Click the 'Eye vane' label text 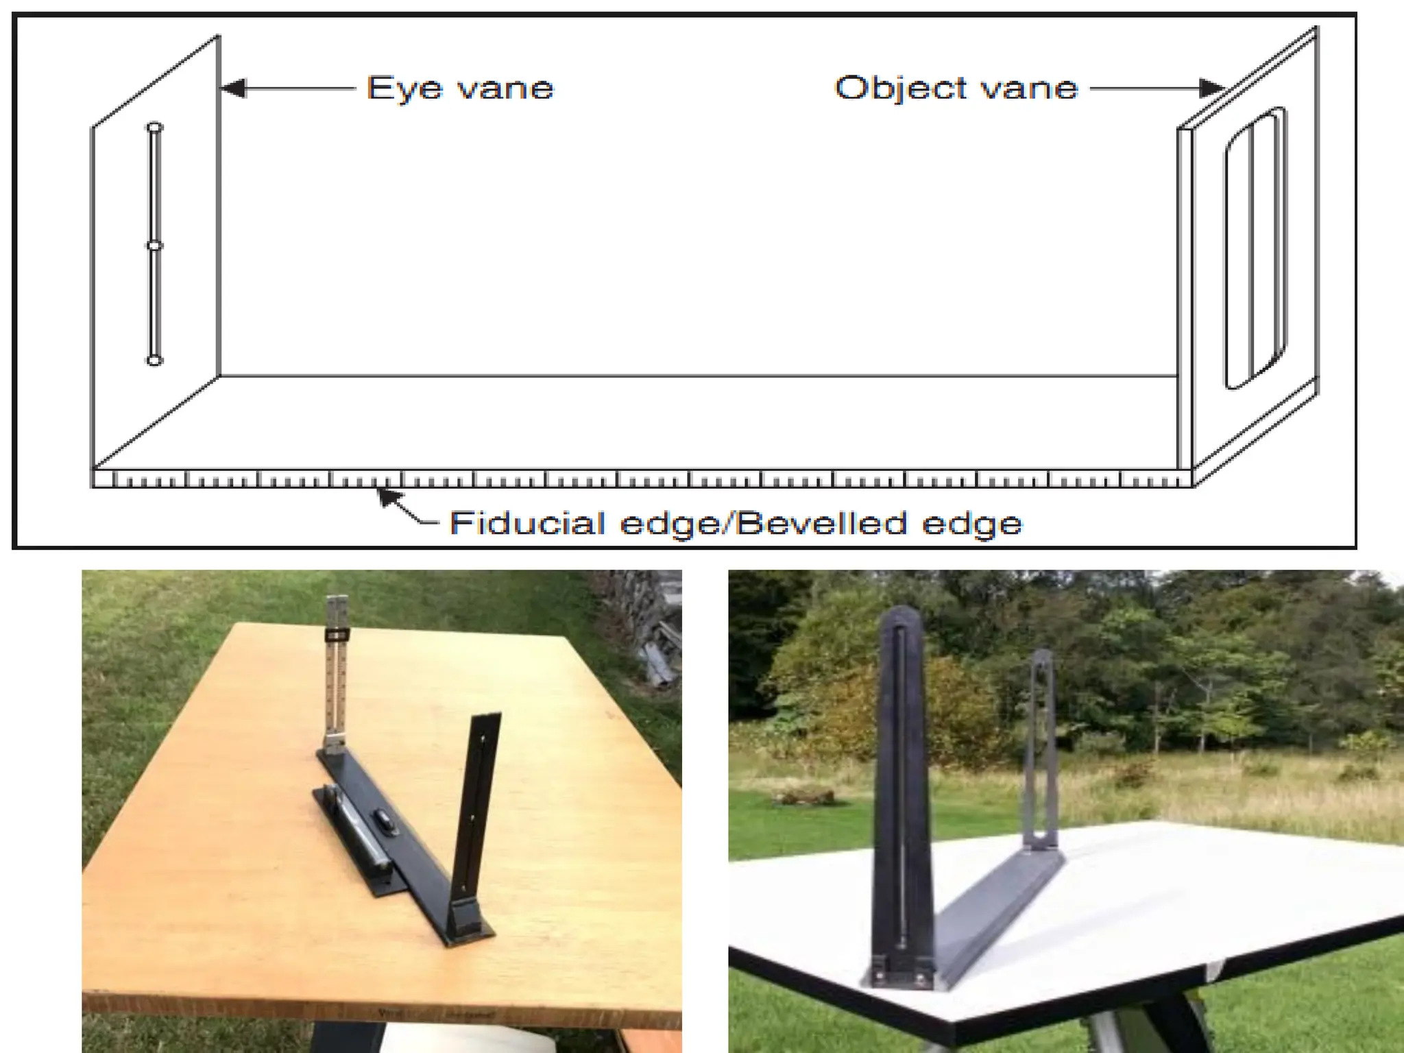point(460,88)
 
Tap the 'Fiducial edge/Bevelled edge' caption point(736,523)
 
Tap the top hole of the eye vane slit point(155,128)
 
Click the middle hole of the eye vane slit point(155,245)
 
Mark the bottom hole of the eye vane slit point(155,361)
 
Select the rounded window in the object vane point(1255,248)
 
